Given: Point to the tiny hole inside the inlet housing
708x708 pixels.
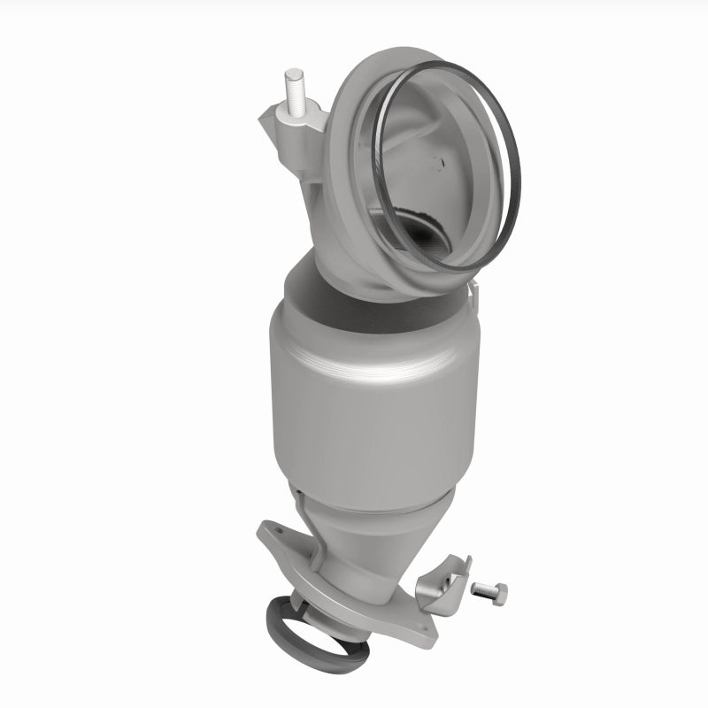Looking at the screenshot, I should pyautogui.click(x=438, y=162).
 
